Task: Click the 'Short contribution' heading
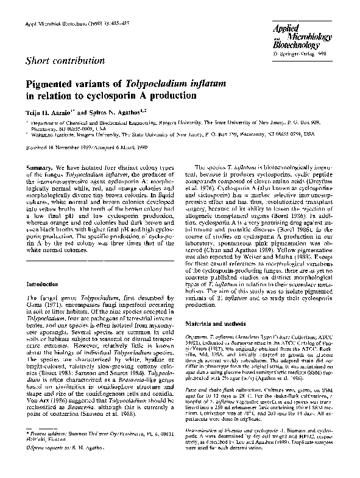[62, 60]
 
